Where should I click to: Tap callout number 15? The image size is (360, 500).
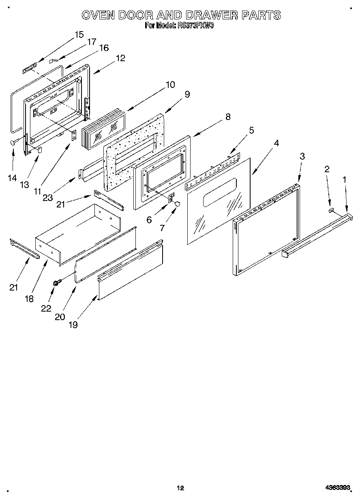coord(79,34)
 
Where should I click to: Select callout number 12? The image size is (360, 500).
coord(120,58)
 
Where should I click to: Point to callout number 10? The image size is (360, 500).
coord(170,85)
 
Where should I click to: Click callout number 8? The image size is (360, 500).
coord(227,117)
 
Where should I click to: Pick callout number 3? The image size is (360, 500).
coord(302,156)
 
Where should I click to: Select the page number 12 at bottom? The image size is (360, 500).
coord(180,488)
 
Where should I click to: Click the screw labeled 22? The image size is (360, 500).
coord(56,282)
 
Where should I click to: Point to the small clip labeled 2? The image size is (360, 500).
coord(331,210)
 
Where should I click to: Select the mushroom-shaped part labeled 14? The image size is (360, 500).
coord(14,142)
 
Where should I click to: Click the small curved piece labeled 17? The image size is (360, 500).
coord(53,60)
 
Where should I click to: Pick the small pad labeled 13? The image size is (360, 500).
coord(40,150)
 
